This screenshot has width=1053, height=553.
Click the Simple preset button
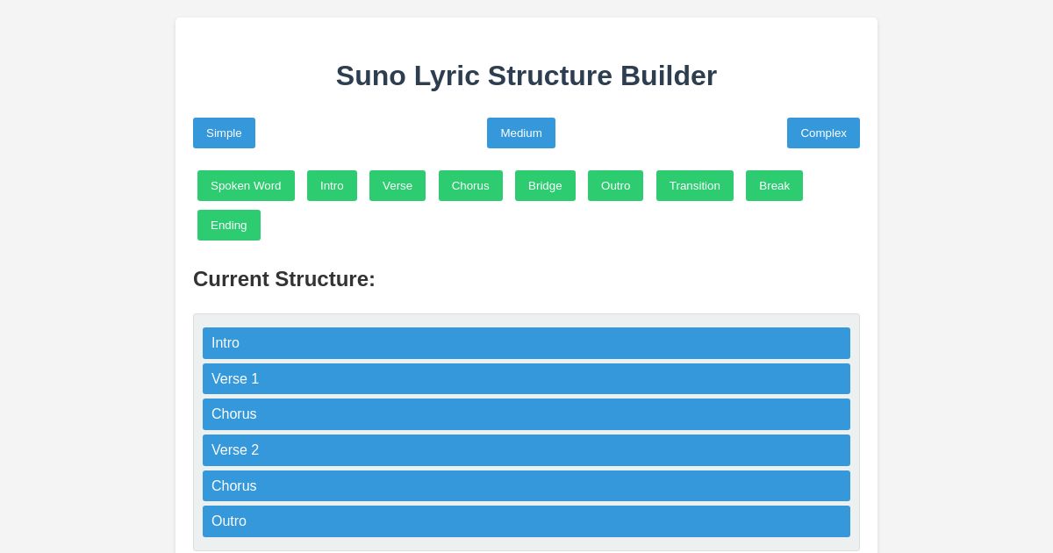pos(224,133)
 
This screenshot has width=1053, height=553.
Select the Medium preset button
pos(521,133)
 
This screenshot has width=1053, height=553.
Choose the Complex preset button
pos(823,133)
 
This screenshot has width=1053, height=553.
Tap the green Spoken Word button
pos(246,185)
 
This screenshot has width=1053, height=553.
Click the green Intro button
pos(332,185)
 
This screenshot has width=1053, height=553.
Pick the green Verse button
pos(398,185)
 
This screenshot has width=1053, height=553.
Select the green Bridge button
pos(545,185)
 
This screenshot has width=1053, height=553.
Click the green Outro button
pos(615,185)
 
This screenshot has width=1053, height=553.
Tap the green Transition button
pos(694,185)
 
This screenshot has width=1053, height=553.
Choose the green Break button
pos(774,185)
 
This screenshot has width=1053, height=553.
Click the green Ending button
pos(229,225)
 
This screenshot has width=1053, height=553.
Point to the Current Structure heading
pos(284,279)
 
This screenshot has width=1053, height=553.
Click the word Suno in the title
pos(371,75)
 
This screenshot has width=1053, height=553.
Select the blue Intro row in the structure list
pos(526,343)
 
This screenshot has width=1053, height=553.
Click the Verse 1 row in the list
pos(526,378)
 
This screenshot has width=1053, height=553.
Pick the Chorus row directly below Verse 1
pos(526,414)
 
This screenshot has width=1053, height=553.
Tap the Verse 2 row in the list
pos(526,450)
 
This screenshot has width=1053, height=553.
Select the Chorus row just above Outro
pos(526,485)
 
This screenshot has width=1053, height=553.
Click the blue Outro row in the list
pos(526,521)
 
